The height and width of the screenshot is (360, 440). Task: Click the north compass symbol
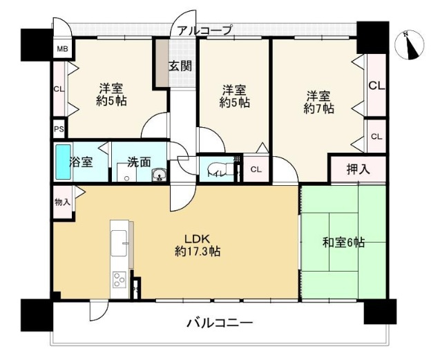click(412, 45)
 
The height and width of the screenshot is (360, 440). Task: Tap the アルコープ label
click(204, 30)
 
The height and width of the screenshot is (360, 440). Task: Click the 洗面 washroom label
click(138, 163)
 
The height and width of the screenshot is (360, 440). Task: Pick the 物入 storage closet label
click(61, 202)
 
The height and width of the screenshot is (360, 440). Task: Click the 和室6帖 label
click(344, 243)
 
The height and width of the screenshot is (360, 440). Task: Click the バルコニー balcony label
click(219, 323)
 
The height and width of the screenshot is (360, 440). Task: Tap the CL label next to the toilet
click(255, 170)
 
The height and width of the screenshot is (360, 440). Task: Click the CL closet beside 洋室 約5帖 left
click(59, 88)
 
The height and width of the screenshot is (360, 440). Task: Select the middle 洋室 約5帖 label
click(234, 96)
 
